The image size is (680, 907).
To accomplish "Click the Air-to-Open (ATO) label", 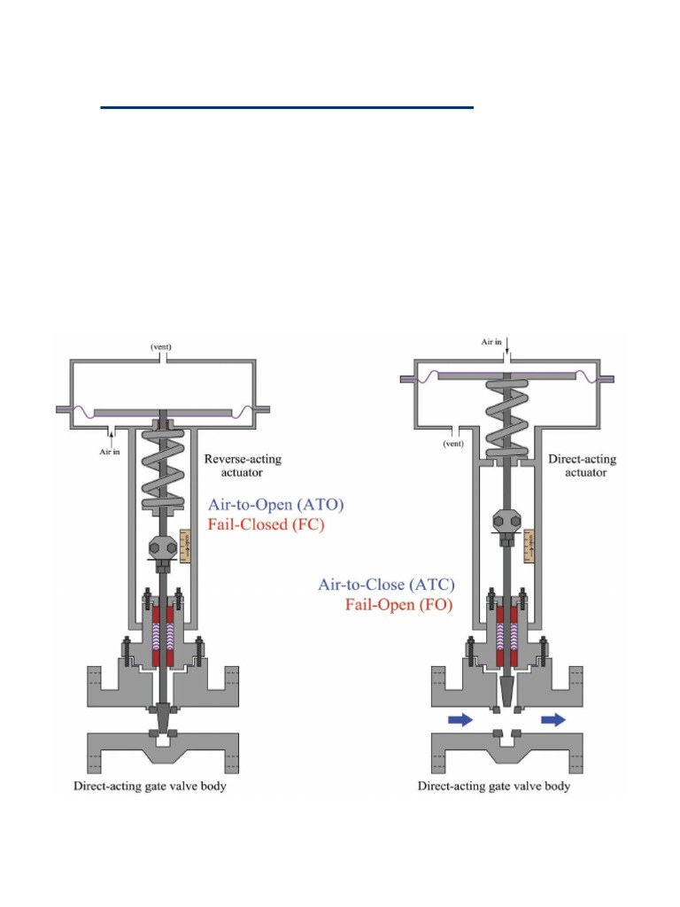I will [x=275, y=505].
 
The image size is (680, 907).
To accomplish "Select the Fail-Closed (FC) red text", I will [x=266, y=524].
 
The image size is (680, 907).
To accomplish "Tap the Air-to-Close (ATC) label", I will [x=386, y=585].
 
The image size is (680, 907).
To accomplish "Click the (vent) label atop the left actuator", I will [x=165, y=347].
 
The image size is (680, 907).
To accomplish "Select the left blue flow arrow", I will [x=460, y=720].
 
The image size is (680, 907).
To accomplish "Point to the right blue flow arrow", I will [x=553, y=720].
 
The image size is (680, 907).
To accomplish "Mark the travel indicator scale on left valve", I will [x=185, y=545].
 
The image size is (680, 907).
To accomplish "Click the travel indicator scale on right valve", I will [x=529, y=545].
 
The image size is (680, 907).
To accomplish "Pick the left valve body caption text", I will [x=150, y=786].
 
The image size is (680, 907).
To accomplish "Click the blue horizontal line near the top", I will [x=287, y=107].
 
